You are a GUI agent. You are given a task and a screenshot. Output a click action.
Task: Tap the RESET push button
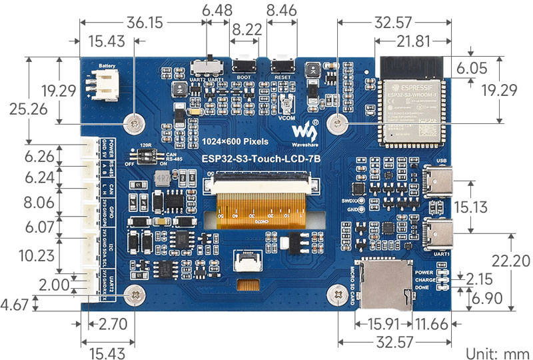point(284,66)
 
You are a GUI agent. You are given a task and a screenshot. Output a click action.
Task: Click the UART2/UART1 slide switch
point(206,66)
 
